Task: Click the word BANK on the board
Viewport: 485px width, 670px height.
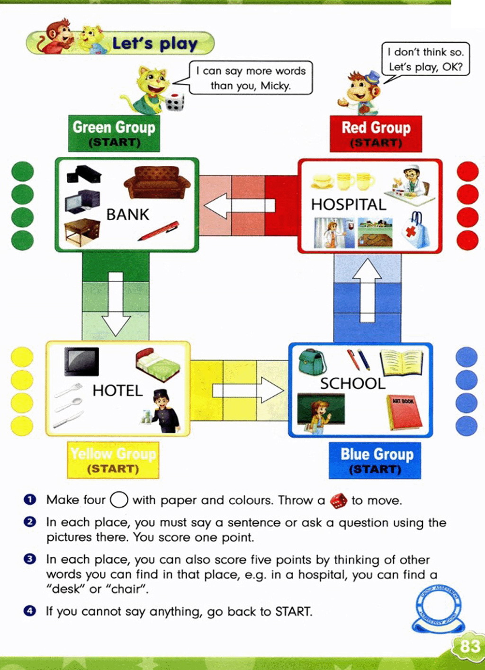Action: click(x=127, y=214)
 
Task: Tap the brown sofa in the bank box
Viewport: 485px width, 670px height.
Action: click(x=157, y=182)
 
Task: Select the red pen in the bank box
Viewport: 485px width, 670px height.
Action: click(x=159, y=231)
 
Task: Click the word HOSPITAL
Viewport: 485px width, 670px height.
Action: click(x=349, y=205)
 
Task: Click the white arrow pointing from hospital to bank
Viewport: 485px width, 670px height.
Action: click(x=239, y=206)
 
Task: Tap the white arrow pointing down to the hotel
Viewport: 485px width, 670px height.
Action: click(x=116, y=303)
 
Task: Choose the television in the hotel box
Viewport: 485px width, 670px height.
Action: click(x=81, y=361)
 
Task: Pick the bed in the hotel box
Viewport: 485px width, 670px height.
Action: click(x=157, y=365)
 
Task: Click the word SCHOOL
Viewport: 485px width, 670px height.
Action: click(x=352, y=383)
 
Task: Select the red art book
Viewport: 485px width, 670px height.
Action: click(x=405, y=411)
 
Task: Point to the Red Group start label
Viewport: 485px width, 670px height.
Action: click(x=376, y=133)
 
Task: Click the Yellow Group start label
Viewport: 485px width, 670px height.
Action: click(x=113, y=460)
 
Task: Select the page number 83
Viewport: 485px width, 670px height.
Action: click(x=469, y=646)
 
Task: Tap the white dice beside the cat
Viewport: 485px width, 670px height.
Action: click(x=175, y=102)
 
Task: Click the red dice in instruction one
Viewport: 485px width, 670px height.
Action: click(x=338, y=500)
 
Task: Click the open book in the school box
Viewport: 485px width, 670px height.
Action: click(x=401, y=362)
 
